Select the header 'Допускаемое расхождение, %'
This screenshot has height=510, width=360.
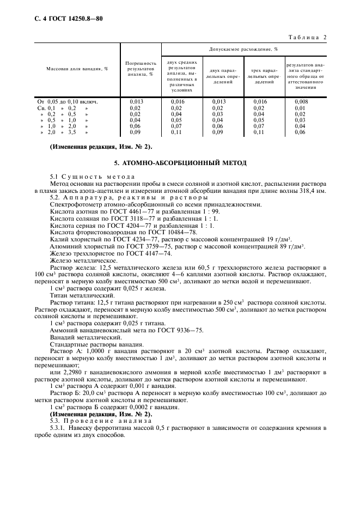[244, 49]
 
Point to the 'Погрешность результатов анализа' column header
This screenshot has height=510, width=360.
[141, 69]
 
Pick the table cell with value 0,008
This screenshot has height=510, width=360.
[300, 101]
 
